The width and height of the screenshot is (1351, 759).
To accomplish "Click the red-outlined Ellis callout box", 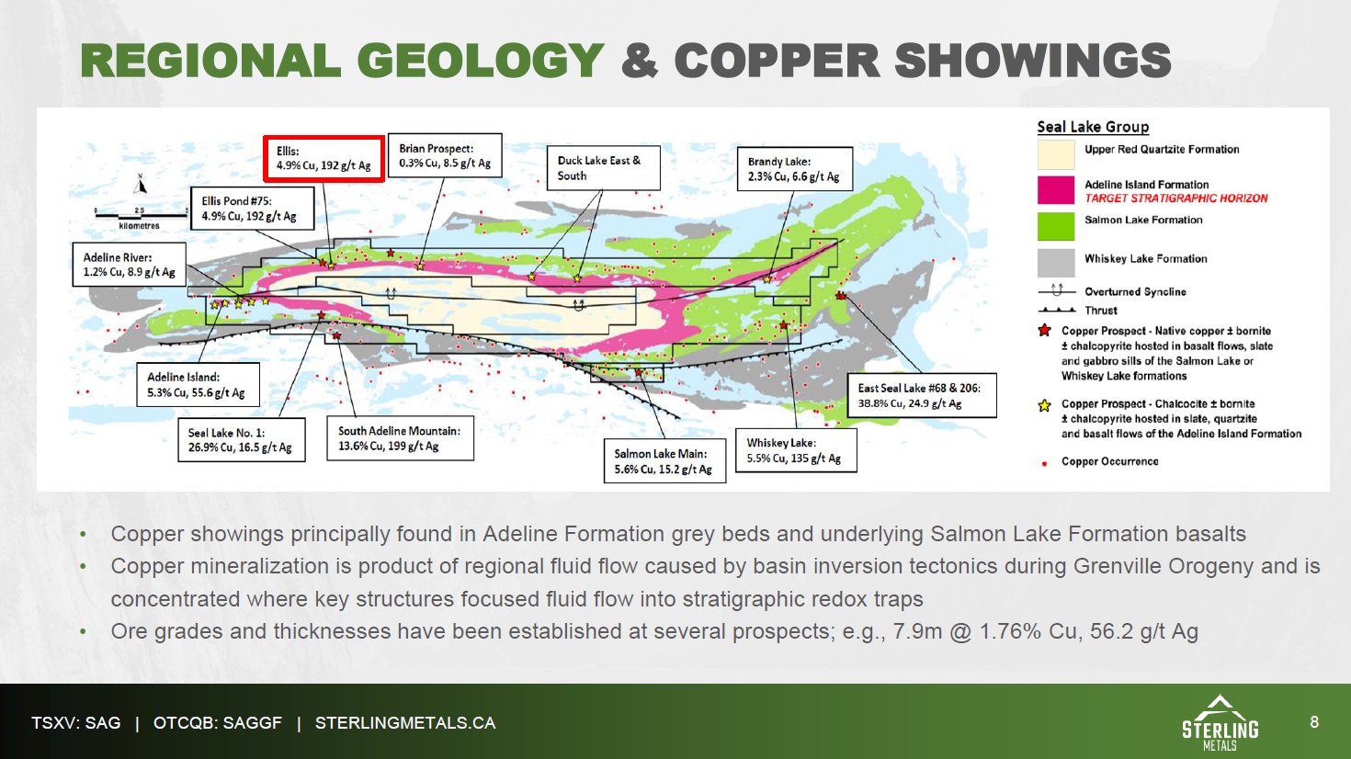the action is [x=324, y=159].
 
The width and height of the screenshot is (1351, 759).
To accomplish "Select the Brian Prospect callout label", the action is [x=445, y=155].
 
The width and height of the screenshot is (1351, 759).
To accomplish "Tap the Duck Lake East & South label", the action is [x=603, y=167].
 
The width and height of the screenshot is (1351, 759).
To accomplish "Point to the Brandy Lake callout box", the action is [x=795, y=169].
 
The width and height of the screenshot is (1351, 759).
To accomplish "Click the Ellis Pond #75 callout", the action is [x=253, y=208].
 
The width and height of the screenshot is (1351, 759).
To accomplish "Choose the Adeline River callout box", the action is [x=129, y=264].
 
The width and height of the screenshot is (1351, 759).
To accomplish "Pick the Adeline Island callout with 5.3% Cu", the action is [x=198, y=385].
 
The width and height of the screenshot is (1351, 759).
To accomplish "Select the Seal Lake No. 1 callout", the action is [x=241, y=440].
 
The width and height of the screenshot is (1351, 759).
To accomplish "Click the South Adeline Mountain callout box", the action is [x=400, y=438].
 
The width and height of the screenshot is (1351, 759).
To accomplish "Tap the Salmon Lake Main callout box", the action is [x=664, y=461].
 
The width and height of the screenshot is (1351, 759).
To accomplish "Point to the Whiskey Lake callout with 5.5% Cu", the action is [x=796, y=450].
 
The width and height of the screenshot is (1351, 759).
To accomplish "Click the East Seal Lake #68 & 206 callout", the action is [x=922, y=395].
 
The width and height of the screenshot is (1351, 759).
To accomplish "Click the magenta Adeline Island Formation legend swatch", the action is [x=1056, y=190].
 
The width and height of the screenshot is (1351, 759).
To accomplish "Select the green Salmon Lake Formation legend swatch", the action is [x=1056, y=227].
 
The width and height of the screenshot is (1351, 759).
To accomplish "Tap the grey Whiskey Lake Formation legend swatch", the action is [x=1056, y=263].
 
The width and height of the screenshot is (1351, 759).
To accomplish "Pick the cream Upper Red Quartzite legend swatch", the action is [x=1056, y=155].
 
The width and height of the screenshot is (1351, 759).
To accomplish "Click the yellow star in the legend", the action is [x=1045, y=405].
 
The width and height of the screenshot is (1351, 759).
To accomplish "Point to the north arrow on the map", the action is [x=141, y=184].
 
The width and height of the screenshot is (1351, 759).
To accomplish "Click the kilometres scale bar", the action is [x=142, y=215].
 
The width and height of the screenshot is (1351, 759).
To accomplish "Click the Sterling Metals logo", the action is [x=1220, y=722].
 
